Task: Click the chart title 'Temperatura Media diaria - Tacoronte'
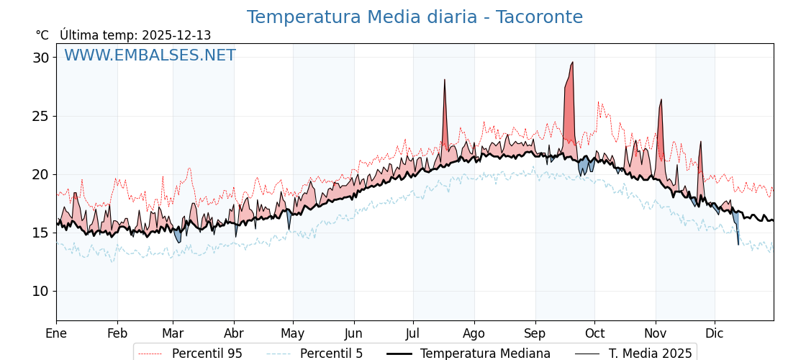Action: [415, 17]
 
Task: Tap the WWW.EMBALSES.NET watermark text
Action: [150, 55]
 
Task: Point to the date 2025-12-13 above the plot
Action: [176, 35]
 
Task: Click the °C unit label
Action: [42, 35]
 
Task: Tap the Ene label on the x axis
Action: [56, 333]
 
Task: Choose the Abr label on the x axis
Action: [234, 333]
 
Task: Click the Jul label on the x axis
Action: [413, 333]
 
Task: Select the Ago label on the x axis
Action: [474, 333]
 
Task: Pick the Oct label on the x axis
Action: [594, 333]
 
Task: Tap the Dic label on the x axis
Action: [715, 333]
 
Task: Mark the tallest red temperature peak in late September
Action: [572, 63]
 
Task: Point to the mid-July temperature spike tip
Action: [445, 80]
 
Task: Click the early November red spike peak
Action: [661, 100]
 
